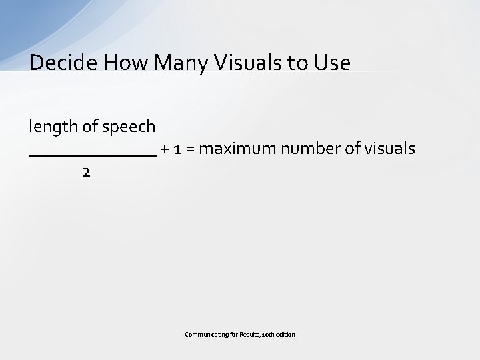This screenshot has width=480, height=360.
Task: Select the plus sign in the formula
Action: pos(165,149)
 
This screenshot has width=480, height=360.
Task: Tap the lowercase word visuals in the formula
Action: pos(391,148)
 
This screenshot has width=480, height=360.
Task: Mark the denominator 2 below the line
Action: pos(85,172)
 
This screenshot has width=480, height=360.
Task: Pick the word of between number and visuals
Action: pos(352,148)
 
